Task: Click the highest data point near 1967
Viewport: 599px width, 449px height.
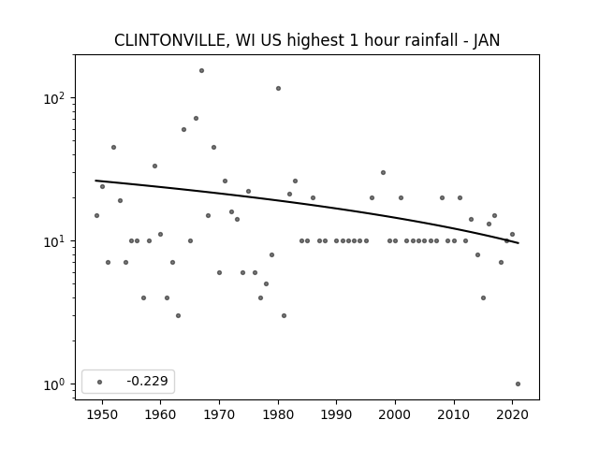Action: click(x=201, y=71)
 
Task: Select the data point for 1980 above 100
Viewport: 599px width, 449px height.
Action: click(x=278, y=89)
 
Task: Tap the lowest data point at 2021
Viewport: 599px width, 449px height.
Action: click(x=518, y=384)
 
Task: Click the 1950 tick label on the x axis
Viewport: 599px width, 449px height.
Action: click(x=102, y=415)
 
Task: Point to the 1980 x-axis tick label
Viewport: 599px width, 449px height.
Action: click(x=278, y=415)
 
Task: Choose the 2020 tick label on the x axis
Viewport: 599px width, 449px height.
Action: click(x=512, y=415)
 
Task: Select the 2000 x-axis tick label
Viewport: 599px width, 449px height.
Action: click(x=395, y=415)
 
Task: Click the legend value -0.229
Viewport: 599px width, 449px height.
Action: click(x=147, y=381)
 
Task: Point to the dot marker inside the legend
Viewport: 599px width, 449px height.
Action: click(x=100, y=382)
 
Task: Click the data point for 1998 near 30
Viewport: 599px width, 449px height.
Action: click(x=383, y=172)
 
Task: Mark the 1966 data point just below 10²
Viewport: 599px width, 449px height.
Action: click(x=196, y=119)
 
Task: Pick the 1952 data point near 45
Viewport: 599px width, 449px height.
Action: click(x=113, y=148)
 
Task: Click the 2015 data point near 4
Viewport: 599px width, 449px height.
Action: click(x=483, y=297)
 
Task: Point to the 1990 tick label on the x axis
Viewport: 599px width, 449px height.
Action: click(x=336, y=415)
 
